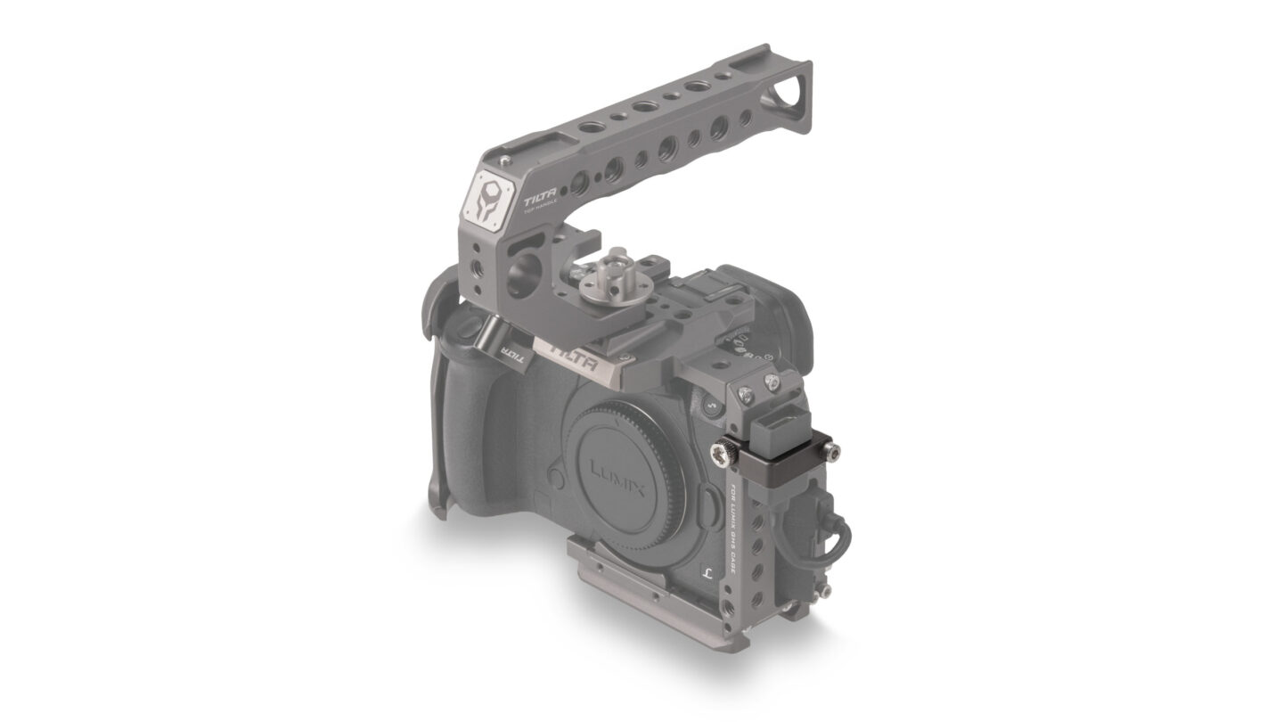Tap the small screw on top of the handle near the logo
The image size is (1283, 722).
pyautogui.click(x=505, y=160)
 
